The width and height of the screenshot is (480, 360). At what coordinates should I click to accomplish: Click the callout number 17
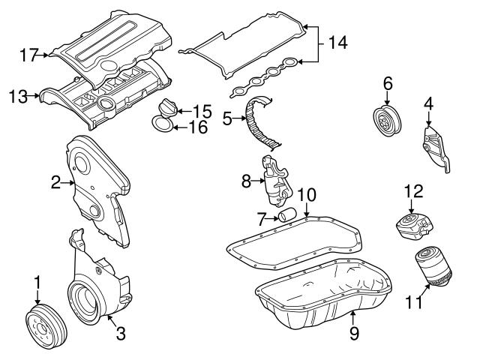pos(29,54)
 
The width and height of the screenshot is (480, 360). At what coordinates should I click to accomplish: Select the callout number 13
pos(18,96)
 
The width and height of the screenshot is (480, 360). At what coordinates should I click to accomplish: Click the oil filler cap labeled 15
pos(165,111)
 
